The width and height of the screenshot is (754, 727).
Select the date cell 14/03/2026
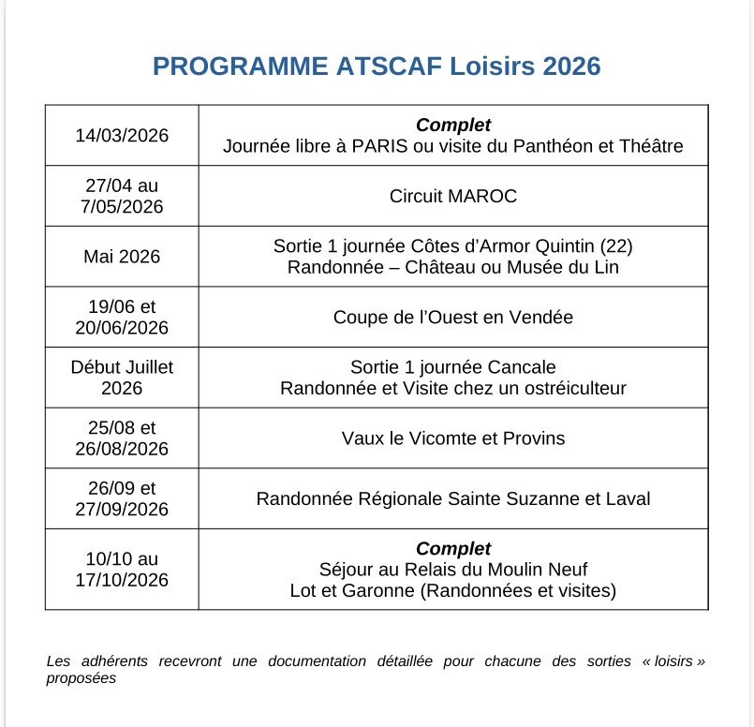point(122,136)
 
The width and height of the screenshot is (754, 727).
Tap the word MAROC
point(482,197)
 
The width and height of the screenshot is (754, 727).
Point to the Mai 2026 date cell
point(122,257)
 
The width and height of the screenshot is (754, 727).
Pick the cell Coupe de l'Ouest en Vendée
point(453,318)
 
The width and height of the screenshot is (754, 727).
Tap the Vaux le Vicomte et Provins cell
point(453,438)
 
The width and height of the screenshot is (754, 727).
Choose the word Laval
point(628,499)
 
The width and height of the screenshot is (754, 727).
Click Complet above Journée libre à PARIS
point(453,126)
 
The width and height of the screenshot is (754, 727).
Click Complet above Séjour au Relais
point(453,549)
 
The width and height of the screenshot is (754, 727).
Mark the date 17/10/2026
point(122,580)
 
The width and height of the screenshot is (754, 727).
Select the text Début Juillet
point(122,367)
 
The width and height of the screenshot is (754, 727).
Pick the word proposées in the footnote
point(81,677)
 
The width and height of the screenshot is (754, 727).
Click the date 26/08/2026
point(122,449)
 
